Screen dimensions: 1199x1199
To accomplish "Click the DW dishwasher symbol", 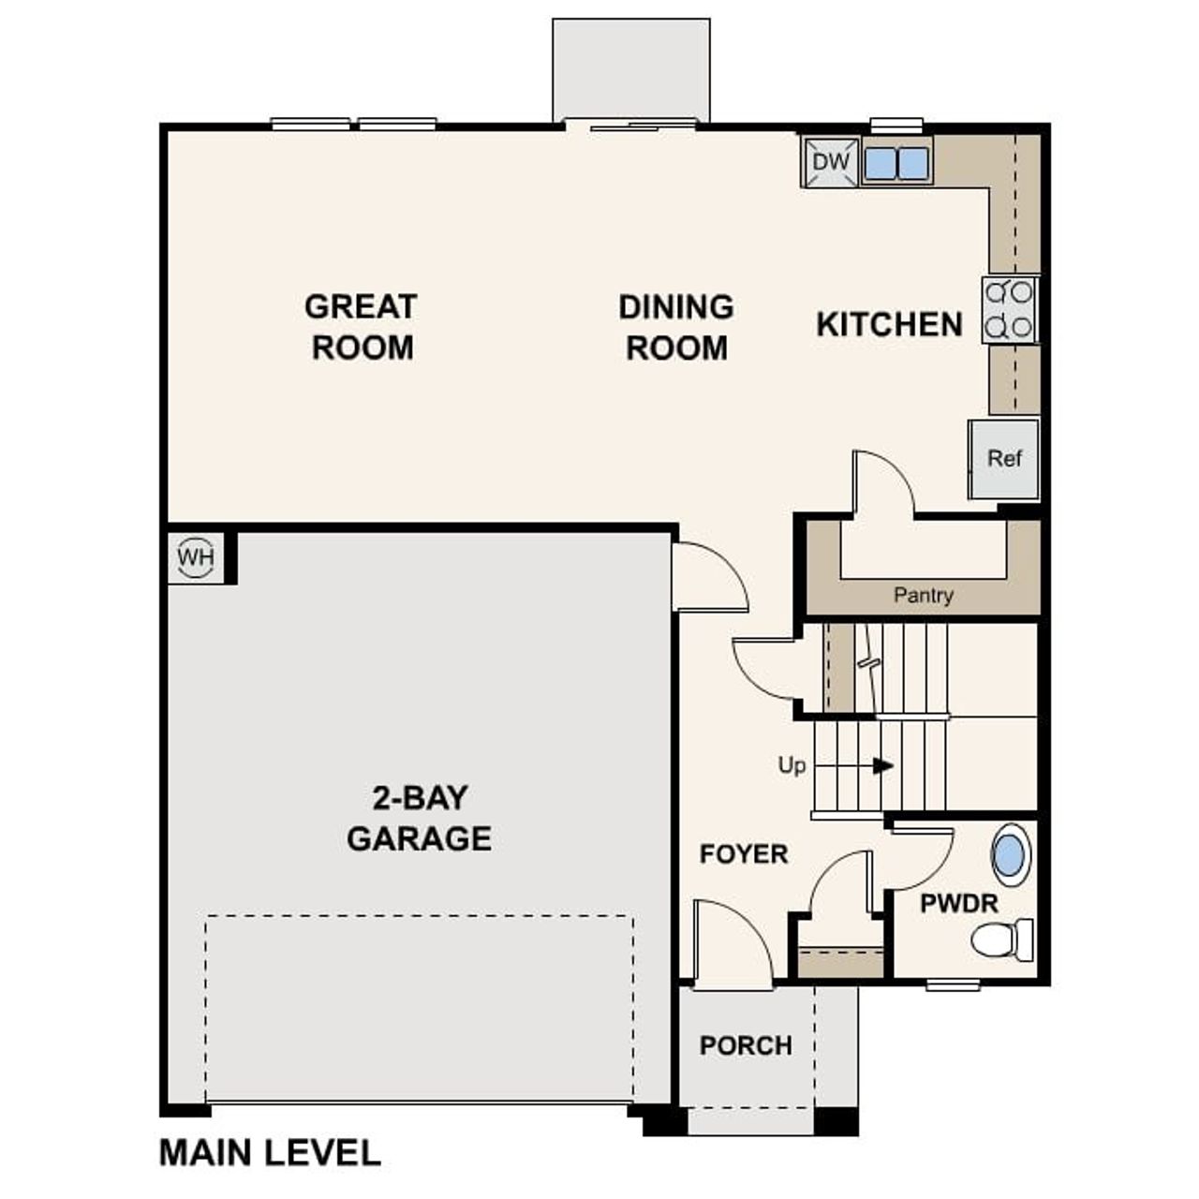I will [x=830, y=162].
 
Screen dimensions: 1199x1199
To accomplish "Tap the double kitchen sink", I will [x=896, y=163].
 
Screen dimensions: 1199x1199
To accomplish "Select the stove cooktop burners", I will [x=1010, y=310].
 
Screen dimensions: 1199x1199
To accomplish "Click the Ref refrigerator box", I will [x=1004, y=459].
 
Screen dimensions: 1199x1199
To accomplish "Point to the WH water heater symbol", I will [x=196, y=558].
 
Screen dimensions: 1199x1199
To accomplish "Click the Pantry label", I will [x=923, y=595].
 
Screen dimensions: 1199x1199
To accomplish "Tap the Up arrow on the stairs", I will [x=881, y=766].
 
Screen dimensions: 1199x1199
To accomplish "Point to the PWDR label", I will [x=958, y=904].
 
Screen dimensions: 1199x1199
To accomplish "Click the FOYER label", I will [x=744, y=854].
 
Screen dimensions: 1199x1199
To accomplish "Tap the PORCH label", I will [x=746, y=1045].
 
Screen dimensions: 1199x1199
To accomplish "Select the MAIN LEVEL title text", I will [x=270, y=1153].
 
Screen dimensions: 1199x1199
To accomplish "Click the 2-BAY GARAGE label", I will [x=419, y=818].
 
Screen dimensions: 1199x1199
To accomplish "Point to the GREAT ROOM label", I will [x=362, y=327].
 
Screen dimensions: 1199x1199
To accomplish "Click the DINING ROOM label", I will [x=676, y=327].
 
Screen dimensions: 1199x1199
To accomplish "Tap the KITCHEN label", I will [x=889, y=325].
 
